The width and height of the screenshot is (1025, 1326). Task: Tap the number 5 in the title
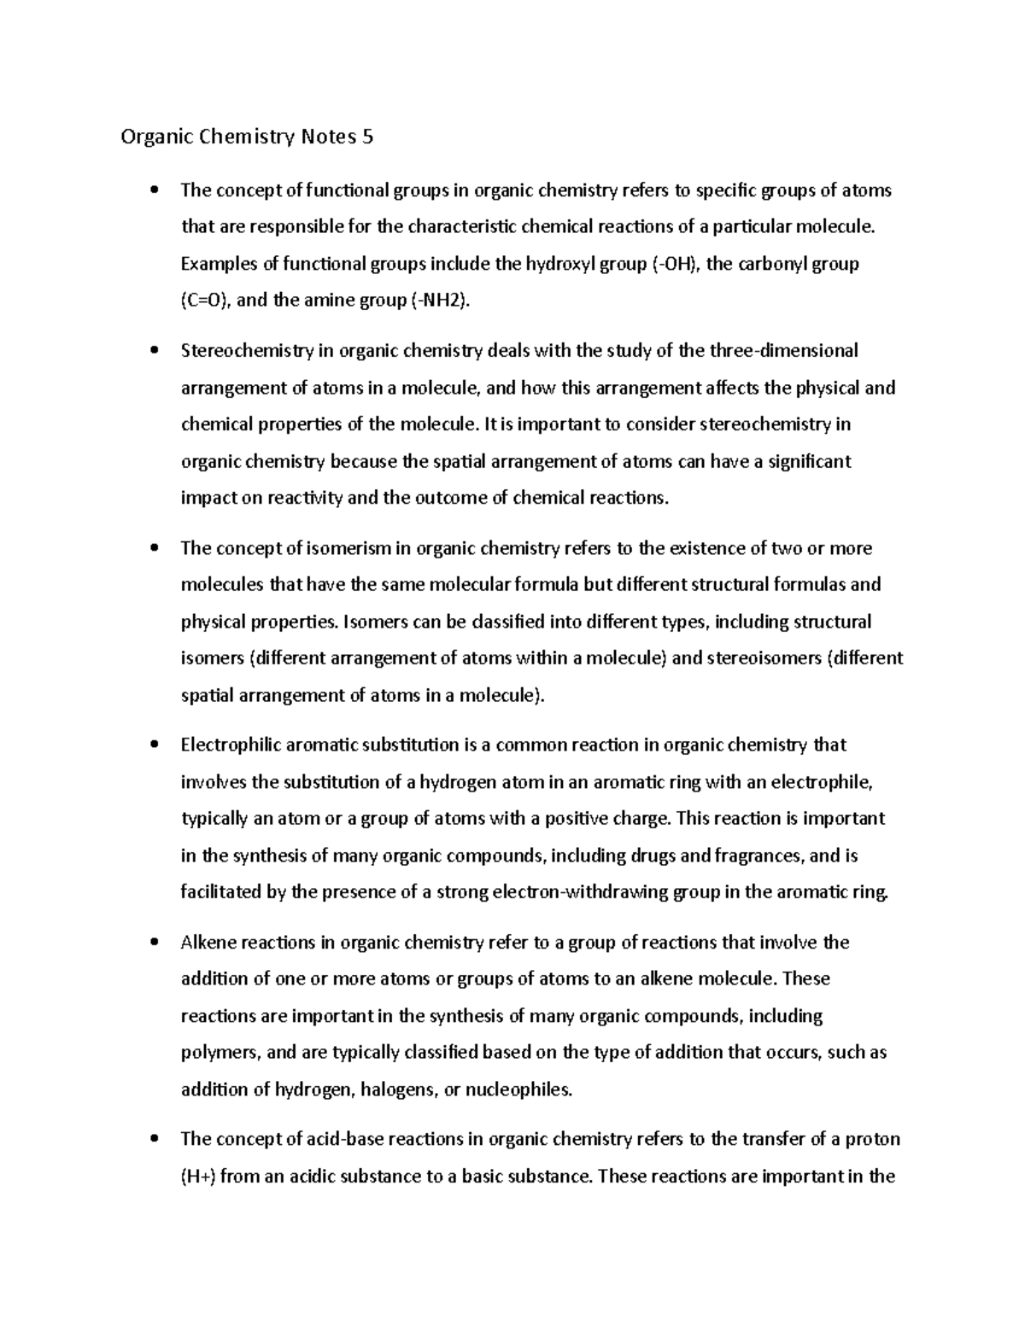pos(367,137)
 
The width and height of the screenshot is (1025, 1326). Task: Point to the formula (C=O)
pos(204,301)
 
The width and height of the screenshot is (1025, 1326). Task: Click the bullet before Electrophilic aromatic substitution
pos(154,745)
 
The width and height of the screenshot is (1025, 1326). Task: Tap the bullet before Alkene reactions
pos(154,943)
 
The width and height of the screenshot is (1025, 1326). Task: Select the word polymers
pos(220,1053)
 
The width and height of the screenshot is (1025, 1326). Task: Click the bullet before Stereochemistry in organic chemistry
pos(154,351)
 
